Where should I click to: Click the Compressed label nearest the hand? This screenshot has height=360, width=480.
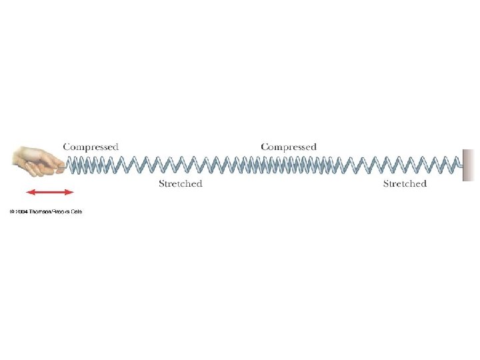tap(91, 147)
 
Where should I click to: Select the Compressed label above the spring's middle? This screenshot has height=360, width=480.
tap(289, 147)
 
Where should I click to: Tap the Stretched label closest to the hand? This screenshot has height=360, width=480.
tap(180, 183)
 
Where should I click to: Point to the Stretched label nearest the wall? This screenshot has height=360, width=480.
tap(405, 183)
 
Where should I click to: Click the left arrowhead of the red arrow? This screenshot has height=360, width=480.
tap(29, 192)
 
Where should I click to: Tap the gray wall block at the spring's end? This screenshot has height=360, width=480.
tap(468, 165)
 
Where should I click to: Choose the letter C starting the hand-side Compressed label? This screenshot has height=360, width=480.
tap(67, 147)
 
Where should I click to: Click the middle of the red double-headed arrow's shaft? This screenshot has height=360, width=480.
tap(50, 192)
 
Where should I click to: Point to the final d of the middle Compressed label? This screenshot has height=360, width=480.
tap(313, 147)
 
